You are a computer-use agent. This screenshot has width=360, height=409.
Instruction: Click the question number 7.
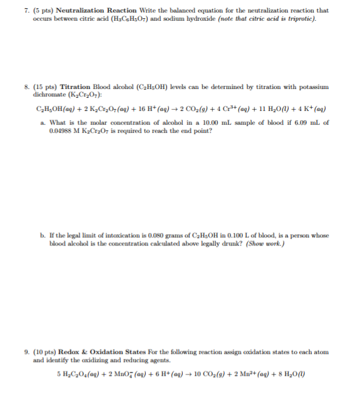pyautogui.click(x=35, y=11)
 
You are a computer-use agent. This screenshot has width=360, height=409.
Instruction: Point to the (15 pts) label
pyautogui.click(x=50, y=86)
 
